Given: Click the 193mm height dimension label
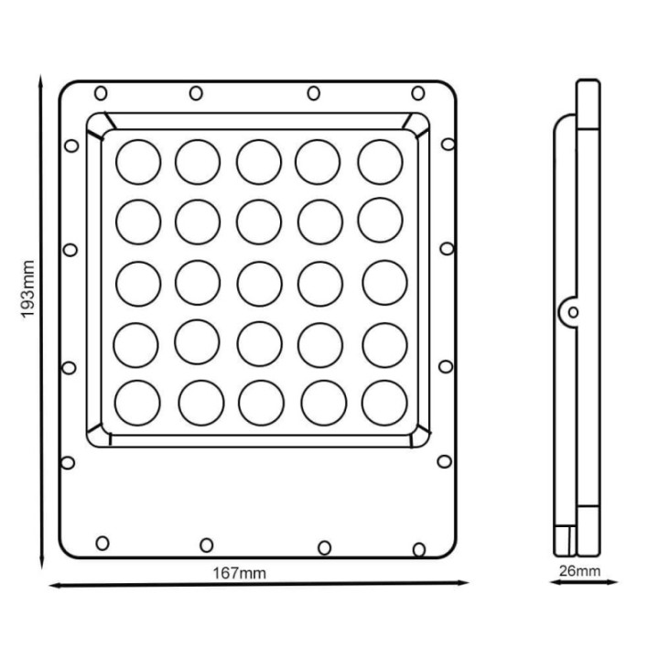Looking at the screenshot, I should [28, 289].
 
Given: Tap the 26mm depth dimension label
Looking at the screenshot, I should [579, 572].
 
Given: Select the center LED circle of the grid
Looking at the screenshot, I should [259, 283].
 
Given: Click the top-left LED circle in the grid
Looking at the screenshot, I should [138, 162].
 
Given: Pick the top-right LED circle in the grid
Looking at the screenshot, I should [380, 162].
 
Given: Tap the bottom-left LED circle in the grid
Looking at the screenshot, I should [138, 403].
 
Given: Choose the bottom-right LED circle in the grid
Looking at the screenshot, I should [384, 403].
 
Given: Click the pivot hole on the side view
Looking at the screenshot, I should [573, 312].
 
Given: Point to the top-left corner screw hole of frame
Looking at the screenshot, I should [101, 92].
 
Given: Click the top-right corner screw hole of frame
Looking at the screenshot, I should [417, 92].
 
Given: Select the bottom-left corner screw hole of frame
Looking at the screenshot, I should [103, 543].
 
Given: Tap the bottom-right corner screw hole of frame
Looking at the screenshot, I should [418, 548].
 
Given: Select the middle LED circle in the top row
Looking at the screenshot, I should [259, 162].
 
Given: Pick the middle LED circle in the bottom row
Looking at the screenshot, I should [260, 403].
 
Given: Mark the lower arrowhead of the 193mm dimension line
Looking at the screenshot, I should [40, 560].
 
